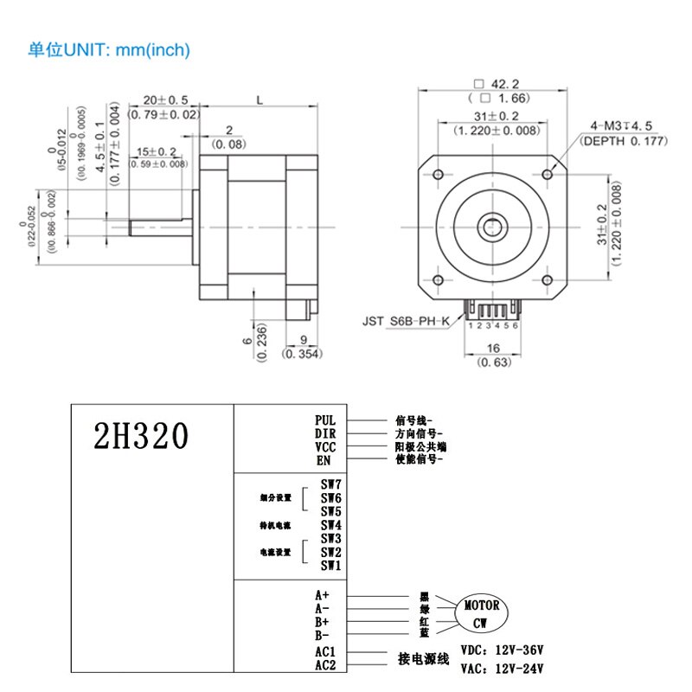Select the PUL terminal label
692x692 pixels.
point(325,420)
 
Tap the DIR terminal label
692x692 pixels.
point(325,433)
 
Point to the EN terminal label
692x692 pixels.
point(324,460)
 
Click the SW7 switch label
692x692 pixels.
point(330,485)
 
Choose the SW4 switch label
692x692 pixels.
point(330,525)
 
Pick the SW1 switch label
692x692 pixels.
point(330,566)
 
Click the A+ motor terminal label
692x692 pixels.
point(323,595)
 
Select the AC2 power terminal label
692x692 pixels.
point(325,664)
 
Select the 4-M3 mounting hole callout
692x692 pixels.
point(620,125)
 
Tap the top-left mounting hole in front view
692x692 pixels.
point(439,175)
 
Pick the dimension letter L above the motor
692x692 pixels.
point(259,100)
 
